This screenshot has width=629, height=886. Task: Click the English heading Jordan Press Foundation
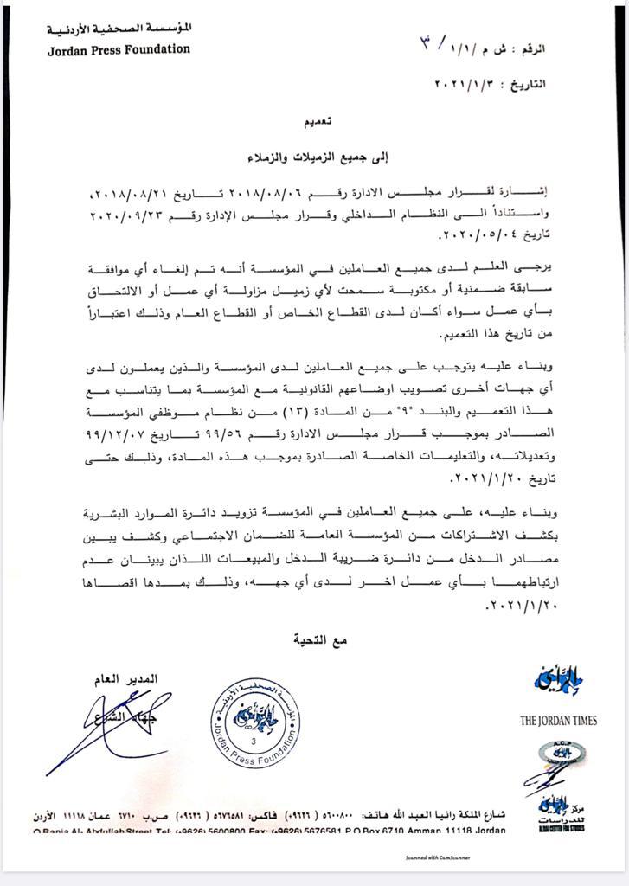(x=119, y=49)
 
